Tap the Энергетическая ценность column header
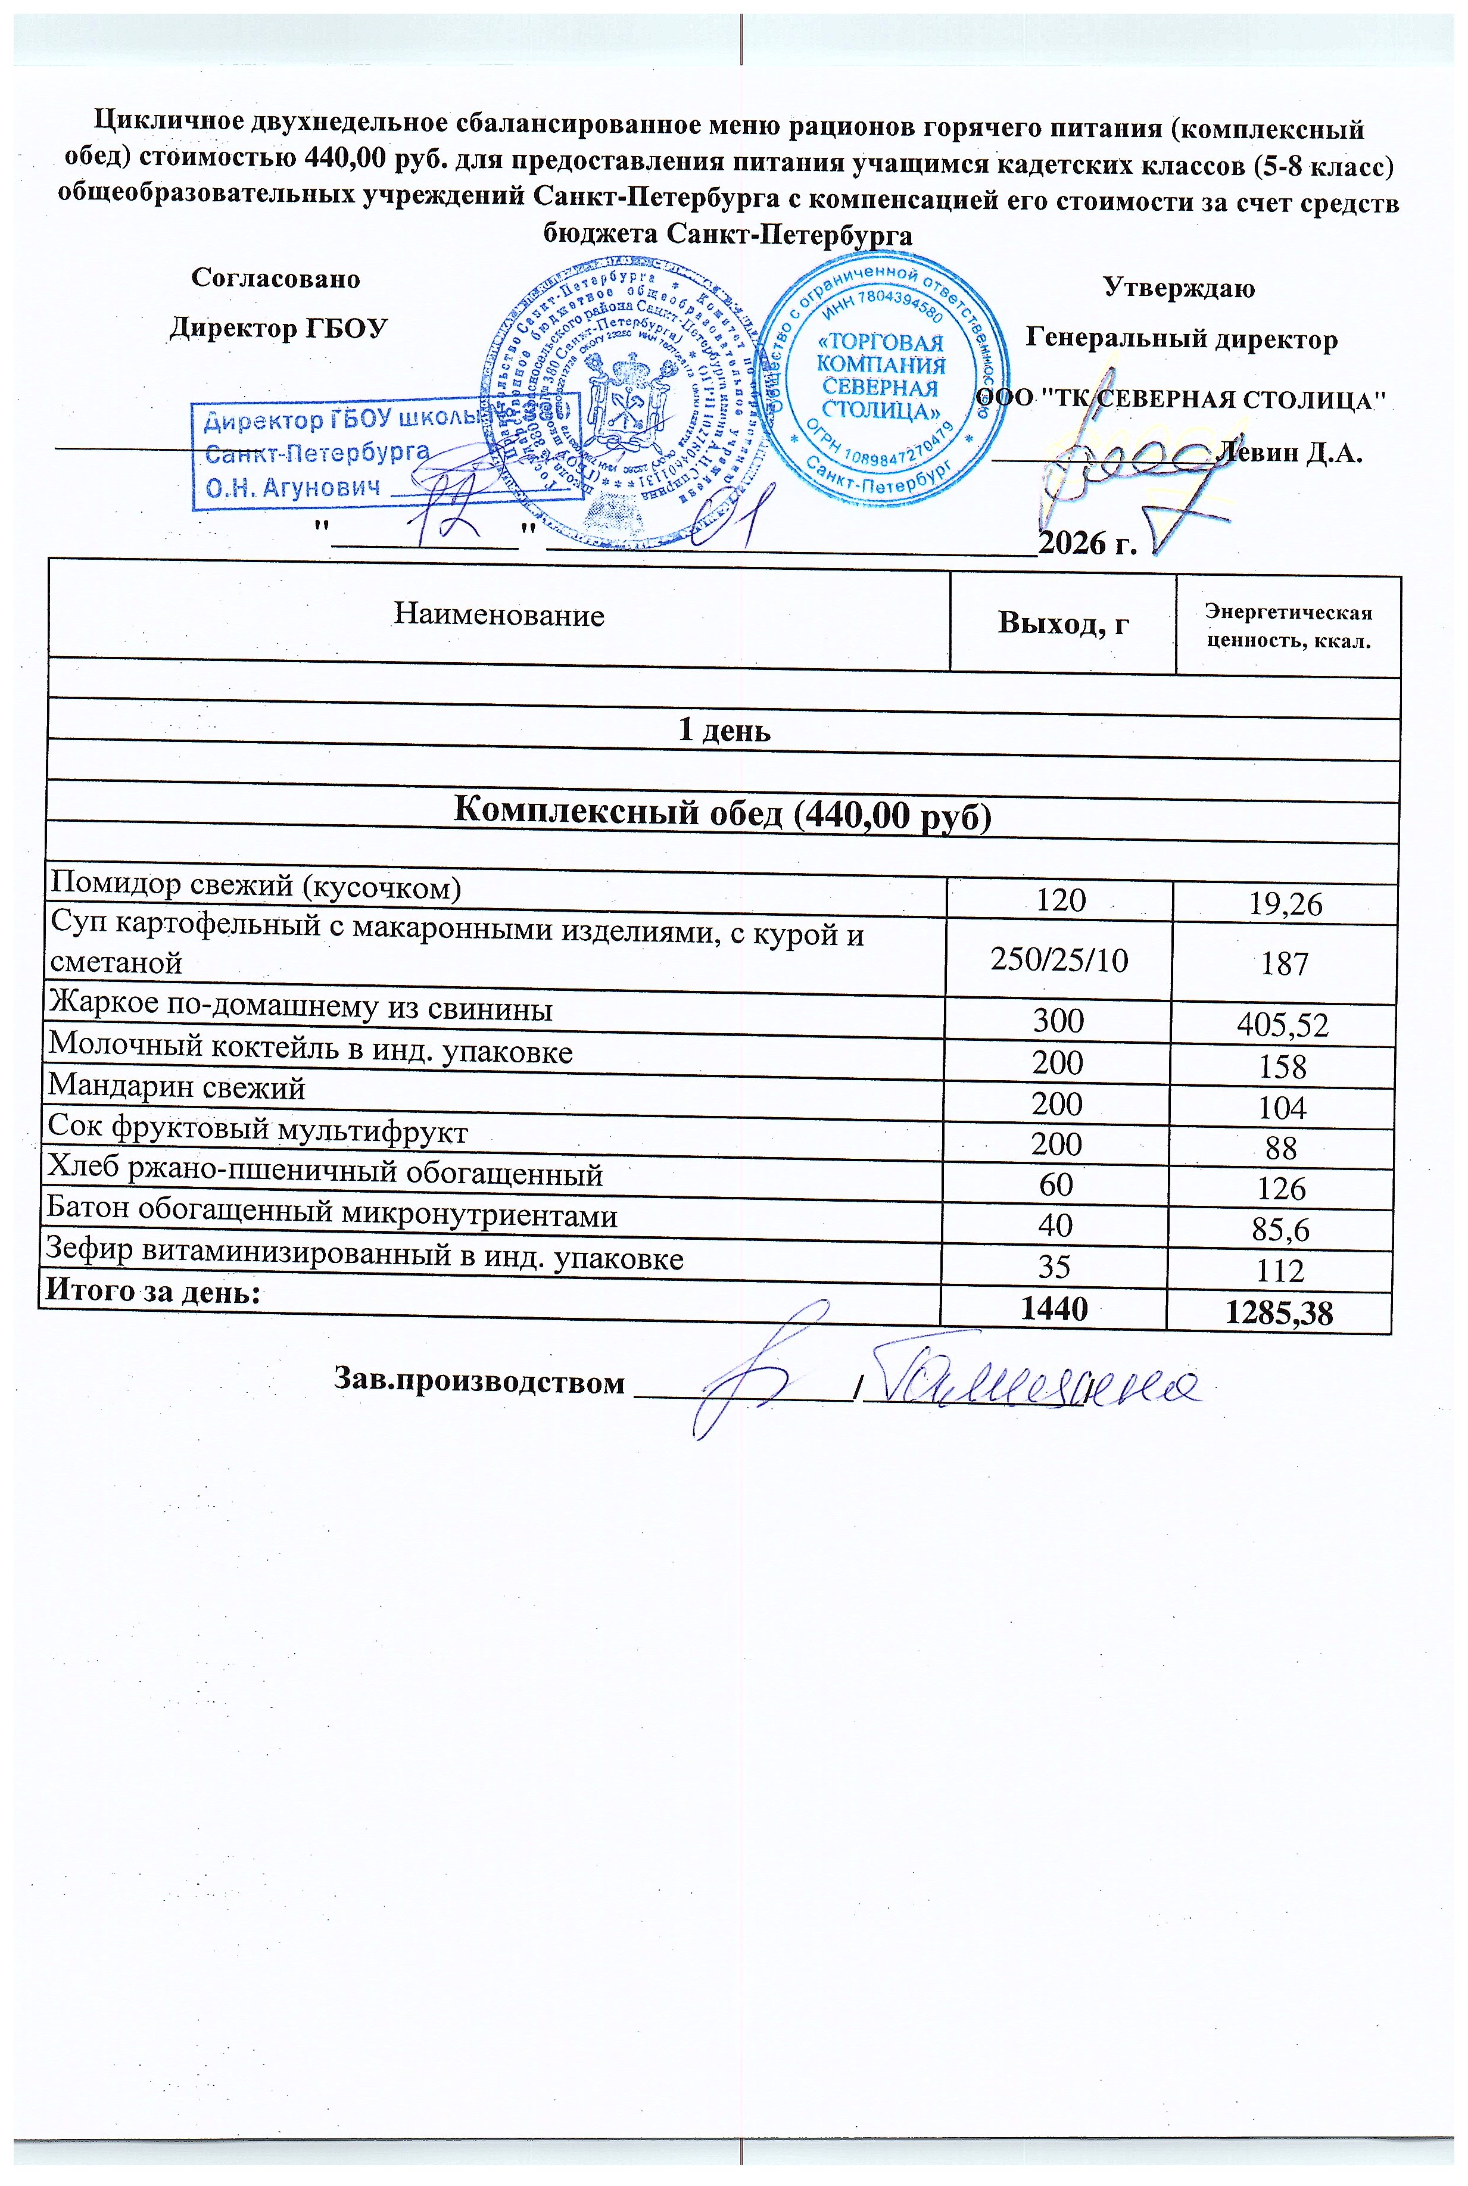1288,626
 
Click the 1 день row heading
724,730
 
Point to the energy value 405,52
1282,1025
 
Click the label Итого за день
152,1291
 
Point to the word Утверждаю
1179,288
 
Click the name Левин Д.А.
1289,453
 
